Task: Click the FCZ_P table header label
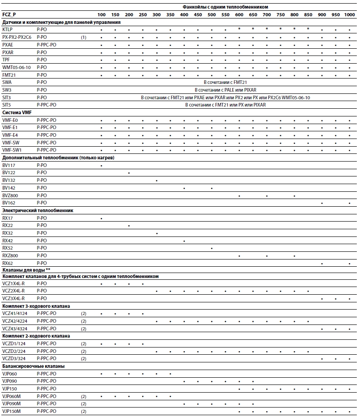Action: (9, 14)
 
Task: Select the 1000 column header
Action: (349, 15)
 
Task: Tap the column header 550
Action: (225, 15)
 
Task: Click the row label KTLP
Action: (8, 30)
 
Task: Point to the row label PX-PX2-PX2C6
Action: (17, 37)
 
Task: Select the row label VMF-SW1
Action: (12, 150)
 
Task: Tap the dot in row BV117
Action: (101, 166)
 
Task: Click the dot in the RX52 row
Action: (211, 248)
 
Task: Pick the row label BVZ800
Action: (10, 195)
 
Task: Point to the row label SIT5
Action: (7, 105)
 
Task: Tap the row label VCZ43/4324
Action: (15, 329)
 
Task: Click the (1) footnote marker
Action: (84, 37)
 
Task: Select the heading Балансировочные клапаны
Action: (27, 366)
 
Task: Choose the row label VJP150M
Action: (12, 411)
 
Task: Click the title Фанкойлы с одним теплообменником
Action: (225, 7)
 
